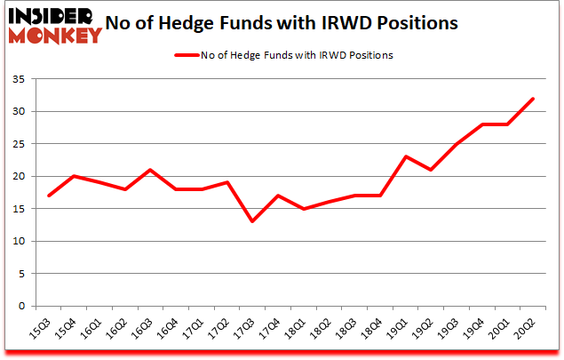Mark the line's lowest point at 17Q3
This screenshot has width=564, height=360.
[253, 221]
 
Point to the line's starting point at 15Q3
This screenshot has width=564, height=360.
[49, 196]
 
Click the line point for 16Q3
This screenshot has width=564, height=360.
[151, 170]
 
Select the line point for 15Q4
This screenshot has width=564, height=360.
[74, 176]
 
